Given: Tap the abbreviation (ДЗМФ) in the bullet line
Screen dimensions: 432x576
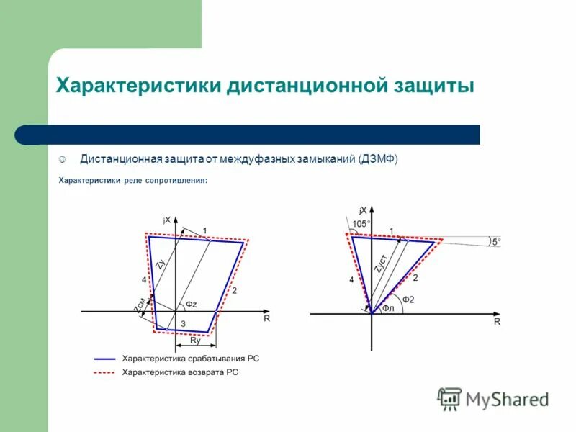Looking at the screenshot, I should [x=378, y=158].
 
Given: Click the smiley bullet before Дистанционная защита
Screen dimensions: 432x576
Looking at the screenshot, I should [x=63, y=158].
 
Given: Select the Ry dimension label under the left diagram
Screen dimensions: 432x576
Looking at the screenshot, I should [x=195, y=341].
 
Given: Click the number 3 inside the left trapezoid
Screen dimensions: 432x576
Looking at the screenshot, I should [x=183, y=325].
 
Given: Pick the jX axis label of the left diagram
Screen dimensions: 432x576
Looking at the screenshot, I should [x=167, y=220].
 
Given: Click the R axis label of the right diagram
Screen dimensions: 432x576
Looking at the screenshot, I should [x=497, y=323].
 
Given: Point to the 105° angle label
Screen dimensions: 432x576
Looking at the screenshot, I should [x=361, y=224].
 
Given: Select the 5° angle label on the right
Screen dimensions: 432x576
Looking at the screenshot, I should [x=495, y=243].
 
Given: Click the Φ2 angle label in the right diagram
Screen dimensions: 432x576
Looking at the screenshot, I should [x=408, y=300].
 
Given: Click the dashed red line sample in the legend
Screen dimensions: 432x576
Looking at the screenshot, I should [x=104, y=372].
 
